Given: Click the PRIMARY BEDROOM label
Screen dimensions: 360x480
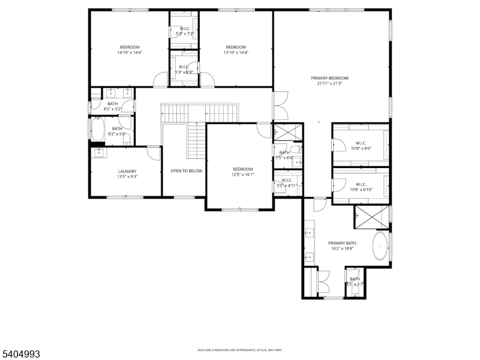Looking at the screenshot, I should pyautogui.click(x=329, y=78).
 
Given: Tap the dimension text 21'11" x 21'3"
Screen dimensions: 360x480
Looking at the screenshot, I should pyautogui.click(x=329, y=84).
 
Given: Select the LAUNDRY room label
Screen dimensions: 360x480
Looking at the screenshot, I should pyautogui.click(x=127, y=171).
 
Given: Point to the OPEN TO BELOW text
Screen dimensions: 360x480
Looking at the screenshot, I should pyautogui.click(x=187, y=171).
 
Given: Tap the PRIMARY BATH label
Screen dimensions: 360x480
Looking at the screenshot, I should pyautogui.click(x=341, y=243).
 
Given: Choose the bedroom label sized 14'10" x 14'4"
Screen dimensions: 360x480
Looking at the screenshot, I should pyautogui.click(x=130, y=47).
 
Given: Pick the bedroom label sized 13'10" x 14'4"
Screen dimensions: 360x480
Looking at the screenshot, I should pyautogui.click(x=236, y=47).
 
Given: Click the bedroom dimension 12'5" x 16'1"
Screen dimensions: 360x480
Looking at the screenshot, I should pyautogui.click(x=243, y=175).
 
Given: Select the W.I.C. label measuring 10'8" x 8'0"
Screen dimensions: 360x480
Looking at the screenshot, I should pyautogui.click(x=361, y=143).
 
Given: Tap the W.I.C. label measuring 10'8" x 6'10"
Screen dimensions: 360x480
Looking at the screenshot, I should pyautogui.click(x=361, y=184).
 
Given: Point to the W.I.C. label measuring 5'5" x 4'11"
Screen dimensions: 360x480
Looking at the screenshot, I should pyautogui.click(x=286, y=180).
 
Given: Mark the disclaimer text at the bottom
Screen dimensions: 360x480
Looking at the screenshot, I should pyautogui.click(x=240, y=350).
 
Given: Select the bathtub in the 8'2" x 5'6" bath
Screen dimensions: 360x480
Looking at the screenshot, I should pyautogui.click(x=98, y=128).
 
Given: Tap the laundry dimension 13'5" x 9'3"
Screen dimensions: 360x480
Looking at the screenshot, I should pyautogui.click(x=127, y=177).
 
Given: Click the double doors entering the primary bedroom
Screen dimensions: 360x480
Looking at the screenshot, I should pyautogui.click(x=281, y=106).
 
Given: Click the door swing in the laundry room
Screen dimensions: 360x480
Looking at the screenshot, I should pyautogui.click(x=154, y=153).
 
